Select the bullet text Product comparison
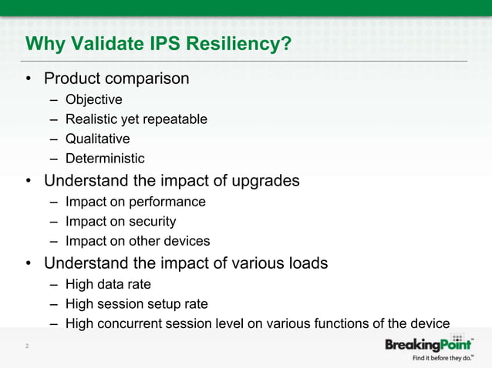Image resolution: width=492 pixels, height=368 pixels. pos(116,79)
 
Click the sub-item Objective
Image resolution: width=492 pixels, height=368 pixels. pos(93,99)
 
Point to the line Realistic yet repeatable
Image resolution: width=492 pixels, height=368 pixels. pos(136,119)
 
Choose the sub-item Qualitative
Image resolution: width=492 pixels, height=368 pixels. pos(97,139)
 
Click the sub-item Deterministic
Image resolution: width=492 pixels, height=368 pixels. pos(105,159)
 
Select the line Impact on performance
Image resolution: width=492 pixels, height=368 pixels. pos(135,202)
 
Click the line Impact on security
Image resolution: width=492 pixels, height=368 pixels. pos(120,222)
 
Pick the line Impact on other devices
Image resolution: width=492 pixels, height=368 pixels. pos(137,241)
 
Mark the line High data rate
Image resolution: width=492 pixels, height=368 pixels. pos(108,284)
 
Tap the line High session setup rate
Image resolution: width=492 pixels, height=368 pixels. pos(136,304)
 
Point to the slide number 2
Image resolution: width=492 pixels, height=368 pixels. pos(27,347)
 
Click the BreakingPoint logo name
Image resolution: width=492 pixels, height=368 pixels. pos(429,344)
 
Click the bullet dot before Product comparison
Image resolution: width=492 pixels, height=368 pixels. pos(28,79)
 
